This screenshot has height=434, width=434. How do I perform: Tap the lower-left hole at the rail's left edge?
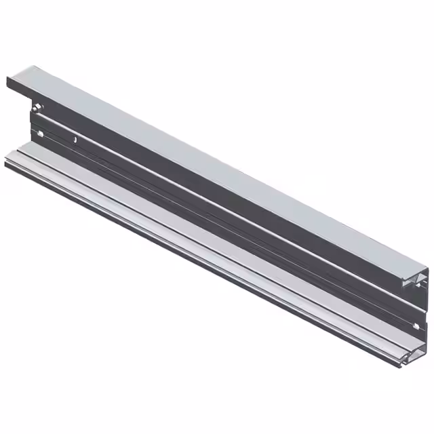tap(39, 134)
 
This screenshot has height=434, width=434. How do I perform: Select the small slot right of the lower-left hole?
tap(75, 140)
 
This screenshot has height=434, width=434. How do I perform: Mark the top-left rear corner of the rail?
tap(31, 66)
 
